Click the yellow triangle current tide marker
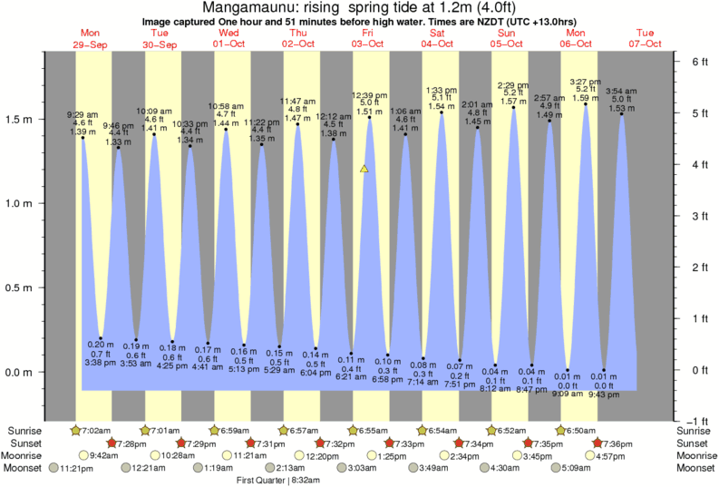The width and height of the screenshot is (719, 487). [x=364, y=169]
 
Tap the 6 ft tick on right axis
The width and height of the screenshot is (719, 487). [x=699, y=62]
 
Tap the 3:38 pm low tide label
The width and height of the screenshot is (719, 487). [x=101, y=361]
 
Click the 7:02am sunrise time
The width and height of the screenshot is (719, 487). [x=92, y=430]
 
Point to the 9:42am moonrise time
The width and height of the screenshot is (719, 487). [x=105, y=455]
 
